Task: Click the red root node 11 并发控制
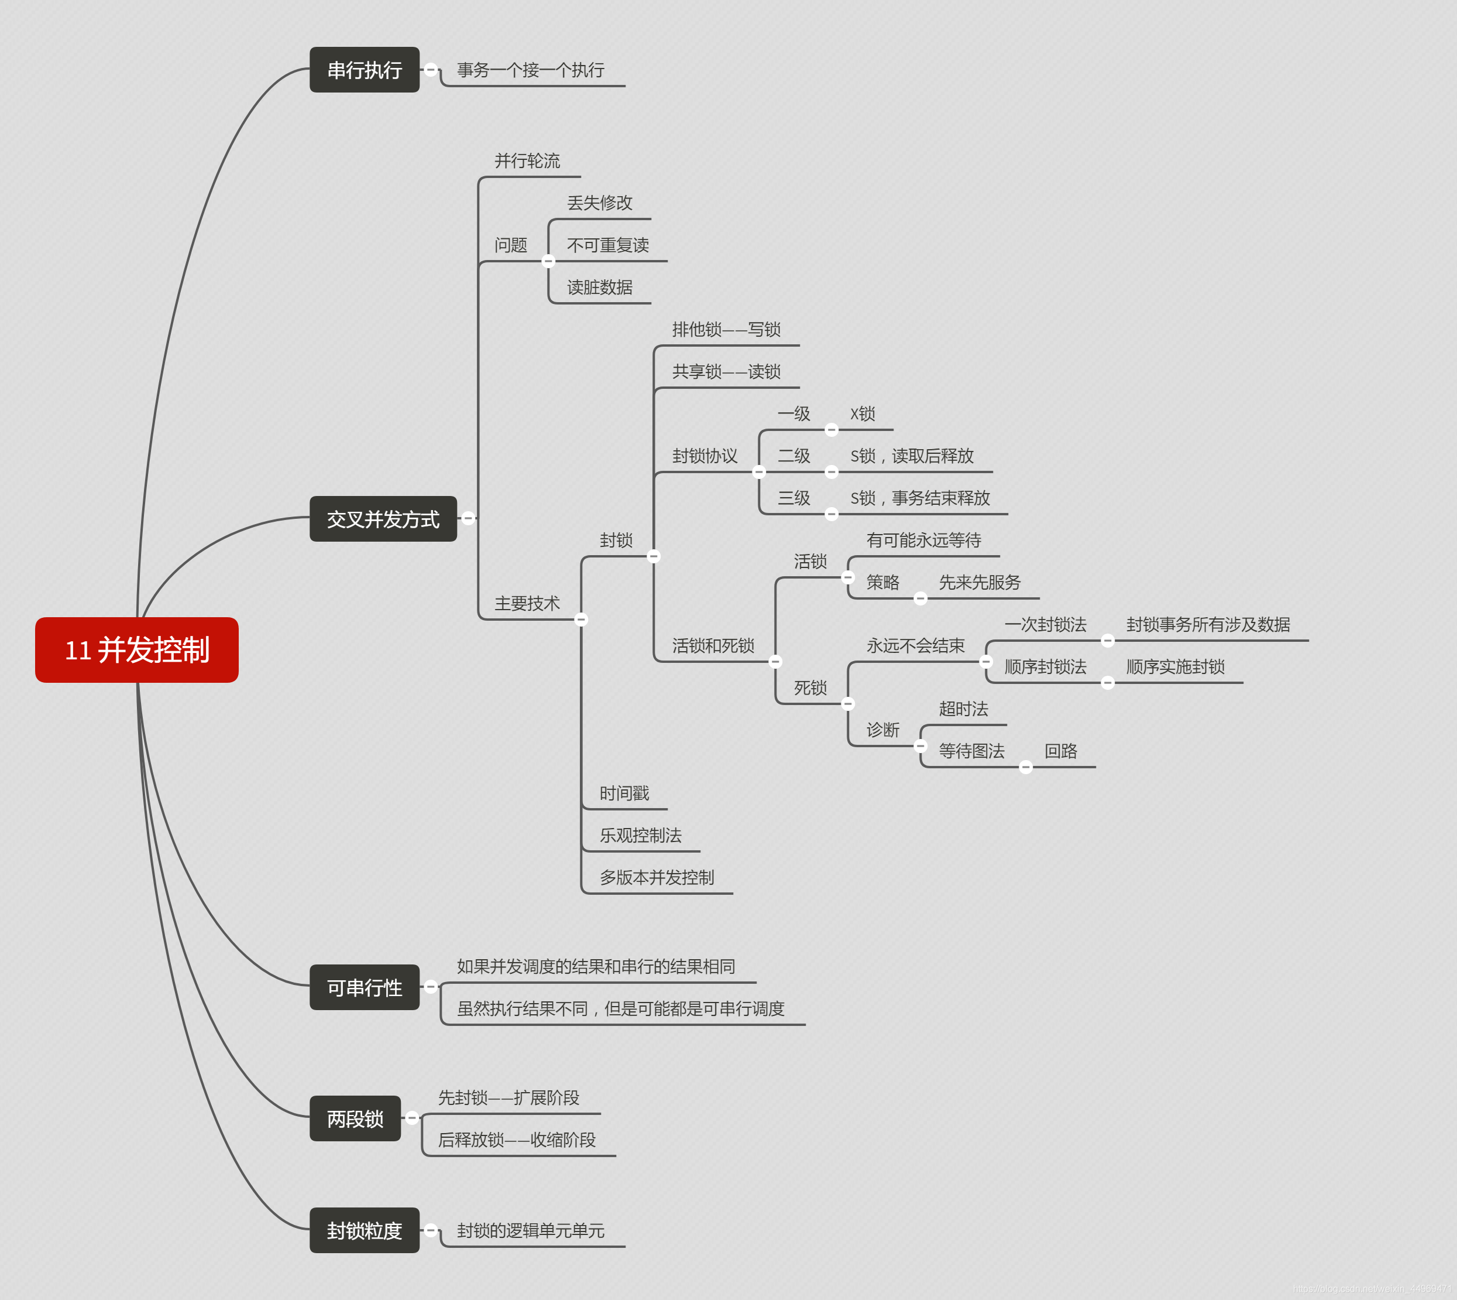[136, 650]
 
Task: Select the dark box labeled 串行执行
[364, 70]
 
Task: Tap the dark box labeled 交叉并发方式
[383, 519]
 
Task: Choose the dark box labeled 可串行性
[364, 988]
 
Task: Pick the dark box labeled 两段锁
[355, 1118]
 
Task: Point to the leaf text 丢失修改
[600, 203]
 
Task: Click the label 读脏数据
[600, 287]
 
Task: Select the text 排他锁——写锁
[726, 329]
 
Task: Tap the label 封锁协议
[705, 456]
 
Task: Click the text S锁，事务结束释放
[919, 498]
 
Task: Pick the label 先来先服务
[980, 582]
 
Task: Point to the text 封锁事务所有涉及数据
[1208, 624]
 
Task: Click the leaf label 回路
[1060, 751]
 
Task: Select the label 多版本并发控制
[657, 877]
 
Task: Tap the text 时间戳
[624, 793]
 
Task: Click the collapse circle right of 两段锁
[412, 1117]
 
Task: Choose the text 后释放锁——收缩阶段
[517, 1140]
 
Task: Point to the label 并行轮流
[527, 160]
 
